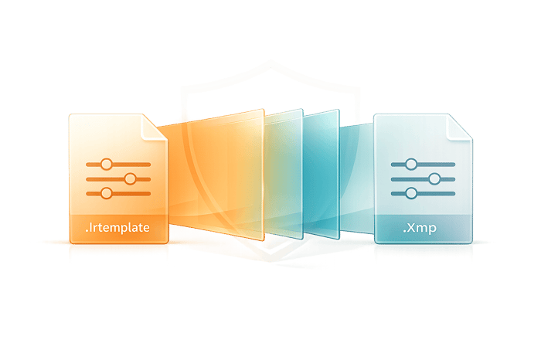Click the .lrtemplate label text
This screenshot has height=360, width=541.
[117, 228]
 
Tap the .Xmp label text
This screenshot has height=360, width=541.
[420, 228]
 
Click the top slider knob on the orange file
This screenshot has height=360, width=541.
[107, 164]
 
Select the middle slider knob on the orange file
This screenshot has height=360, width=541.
[130, 179]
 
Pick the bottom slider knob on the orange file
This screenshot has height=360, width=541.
[107, 193]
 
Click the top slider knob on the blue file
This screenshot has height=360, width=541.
[411, 164]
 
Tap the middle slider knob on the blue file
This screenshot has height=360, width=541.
[434, 179]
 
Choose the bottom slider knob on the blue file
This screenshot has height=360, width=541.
[411, 193]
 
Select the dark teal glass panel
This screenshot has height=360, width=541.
[322, 174]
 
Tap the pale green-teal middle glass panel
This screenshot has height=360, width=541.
[284, 174]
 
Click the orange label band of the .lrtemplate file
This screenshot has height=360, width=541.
[119, 229]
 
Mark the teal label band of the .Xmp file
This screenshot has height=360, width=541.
[424, 229]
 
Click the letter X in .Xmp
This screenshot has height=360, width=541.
[412, 228]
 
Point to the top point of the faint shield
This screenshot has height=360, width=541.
[270, 62]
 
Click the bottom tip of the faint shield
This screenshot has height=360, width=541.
[270, 260]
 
